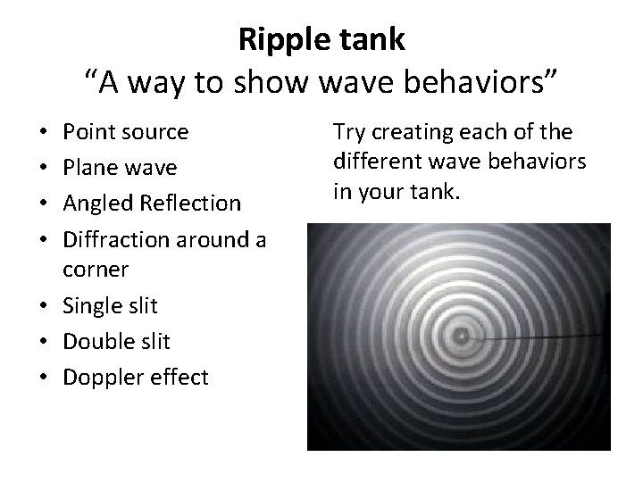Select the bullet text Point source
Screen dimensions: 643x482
[124, 132]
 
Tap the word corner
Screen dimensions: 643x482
[93, 269]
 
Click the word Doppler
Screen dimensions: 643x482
[96, 377]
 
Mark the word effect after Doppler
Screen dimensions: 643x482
[177, 376]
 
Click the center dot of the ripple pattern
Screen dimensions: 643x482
[461, 337]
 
